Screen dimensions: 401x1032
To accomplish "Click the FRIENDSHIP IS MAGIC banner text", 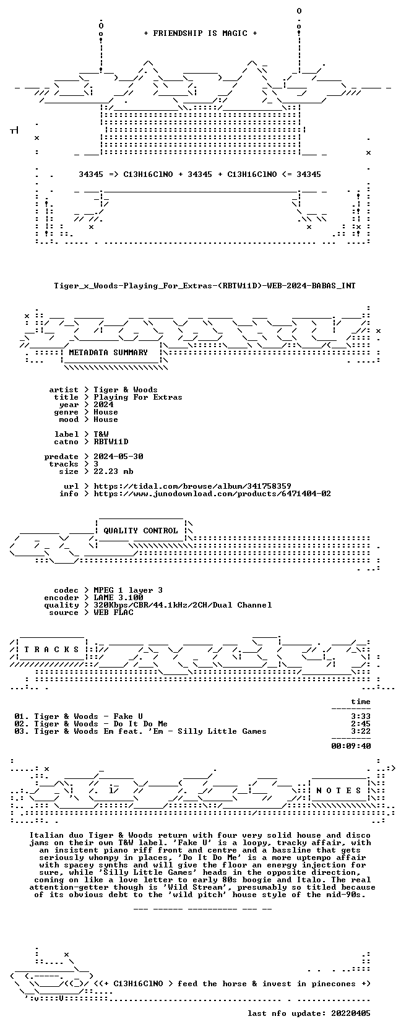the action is pos(200,33).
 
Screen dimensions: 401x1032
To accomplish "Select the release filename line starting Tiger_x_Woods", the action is pos(205,286).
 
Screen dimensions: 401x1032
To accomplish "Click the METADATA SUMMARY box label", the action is pos(108,353).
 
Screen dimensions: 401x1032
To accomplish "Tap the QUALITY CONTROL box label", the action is pos(140,531).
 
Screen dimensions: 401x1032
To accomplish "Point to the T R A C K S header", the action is pos(51,650).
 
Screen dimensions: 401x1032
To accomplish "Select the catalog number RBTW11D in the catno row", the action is pos(111,442).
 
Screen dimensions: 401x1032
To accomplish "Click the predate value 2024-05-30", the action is pos(118,457).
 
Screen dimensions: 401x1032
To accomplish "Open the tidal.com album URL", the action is pos(192,486).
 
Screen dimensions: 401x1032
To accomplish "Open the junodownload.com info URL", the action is pos(212,494).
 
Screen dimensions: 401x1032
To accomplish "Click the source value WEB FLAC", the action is pos(113,613).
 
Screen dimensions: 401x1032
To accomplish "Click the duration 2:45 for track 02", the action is pos(361,724).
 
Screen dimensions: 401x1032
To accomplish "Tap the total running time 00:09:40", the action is pos(351,746).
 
